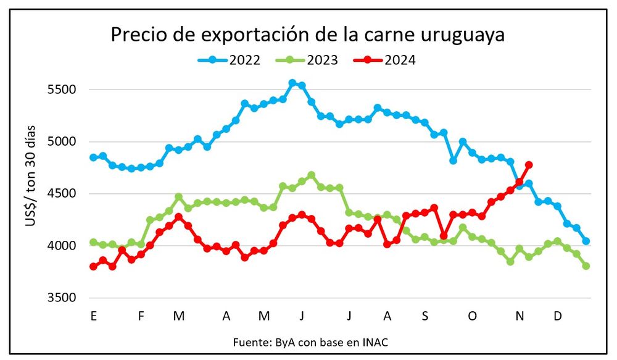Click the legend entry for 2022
[229, 60]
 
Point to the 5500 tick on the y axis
[62, 90]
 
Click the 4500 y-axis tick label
[62, 194]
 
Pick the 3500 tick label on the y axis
[62, 298]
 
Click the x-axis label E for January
[93, 316]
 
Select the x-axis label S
[424, 316]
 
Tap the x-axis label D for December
[557, 316]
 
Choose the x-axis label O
[472, 316]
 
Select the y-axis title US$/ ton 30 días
[31, 176]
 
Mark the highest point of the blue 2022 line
[292, 83]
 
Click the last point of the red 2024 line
[529, 165]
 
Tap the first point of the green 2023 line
[93, 242]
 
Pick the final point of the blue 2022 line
[586, 241]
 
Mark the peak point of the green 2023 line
[311, 175]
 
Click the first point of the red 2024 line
[93, 266]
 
